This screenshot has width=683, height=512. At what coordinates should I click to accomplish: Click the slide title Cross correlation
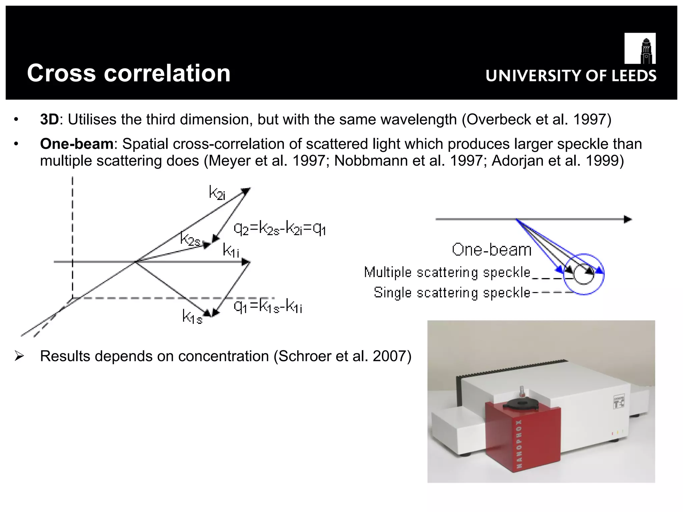(129, 73)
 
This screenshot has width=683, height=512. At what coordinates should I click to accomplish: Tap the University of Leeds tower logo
(640, 48)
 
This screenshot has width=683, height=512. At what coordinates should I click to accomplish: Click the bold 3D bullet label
(49, 120)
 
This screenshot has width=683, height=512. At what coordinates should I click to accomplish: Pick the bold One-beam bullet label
(77, 144)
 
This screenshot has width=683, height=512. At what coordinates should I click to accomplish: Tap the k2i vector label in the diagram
(217, 193)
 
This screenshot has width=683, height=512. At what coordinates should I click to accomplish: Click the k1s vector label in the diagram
(192, 316)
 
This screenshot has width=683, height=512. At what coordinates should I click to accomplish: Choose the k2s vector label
(190, 239)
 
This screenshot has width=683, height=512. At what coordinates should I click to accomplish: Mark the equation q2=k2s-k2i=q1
(279, 229)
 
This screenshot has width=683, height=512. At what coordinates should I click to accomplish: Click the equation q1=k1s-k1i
(268, 306)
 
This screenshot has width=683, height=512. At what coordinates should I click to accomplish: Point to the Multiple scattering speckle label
(447, 273)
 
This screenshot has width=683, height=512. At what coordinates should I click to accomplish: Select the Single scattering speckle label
(452, 293)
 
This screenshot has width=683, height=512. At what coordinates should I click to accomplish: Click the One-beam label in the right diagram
(492, 250)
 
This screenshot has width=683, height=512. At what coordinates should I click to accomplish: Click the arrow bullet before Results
(19, 356)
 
